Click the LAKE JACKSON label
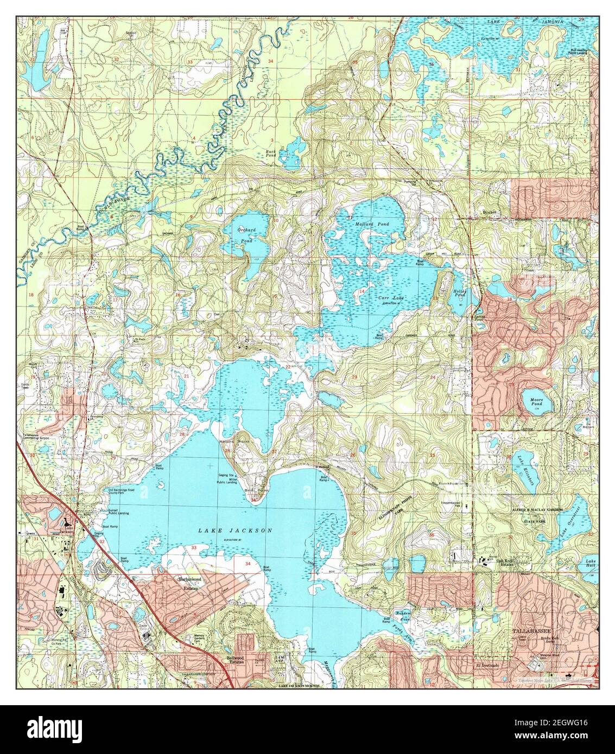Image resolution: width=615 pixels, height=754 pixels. click(234, 531)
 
